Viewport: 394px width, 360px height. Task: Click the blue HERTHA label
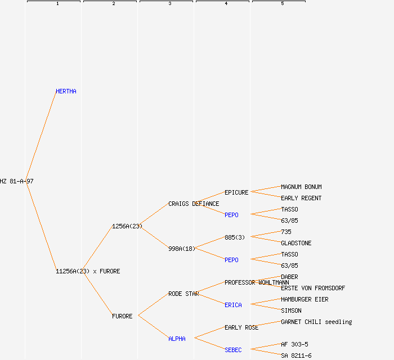coord(66,91)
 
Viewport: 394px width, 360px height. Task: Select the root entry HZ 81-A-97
coord(17,181)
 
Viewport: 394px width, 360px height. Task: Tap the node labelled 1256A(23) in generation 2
coord(127,226)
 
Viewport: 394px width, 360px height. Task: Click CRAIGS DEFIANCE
coord(194,204)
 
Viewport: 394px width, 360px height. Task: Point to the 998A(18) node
coord(182,249)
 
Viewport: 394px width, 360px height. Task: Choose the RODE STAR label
coord(183,294)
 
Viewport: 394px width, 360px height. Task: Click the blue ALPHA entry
coord(177,339)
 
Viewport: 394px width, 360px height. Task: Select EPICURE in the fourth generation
coord(236,192)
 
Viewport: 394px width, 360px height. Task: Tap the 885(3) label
coord(235,237)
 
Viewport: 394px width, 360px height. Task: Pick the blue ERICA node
coord(233,305)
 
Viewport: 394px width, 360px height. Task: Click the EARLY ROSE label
coord(241,327)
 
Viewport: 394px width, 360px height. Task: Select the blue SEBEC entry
coord(233,350)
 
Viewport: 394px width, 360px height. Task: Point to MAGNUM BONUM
coord(301,187)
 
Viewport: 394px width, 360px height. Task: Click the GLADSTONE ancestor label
coord(296,243)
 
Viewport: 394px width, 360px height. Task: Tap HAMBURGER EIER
coord(305,299)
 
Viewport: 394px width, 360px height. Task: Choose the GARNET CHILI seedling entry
coord(316,322)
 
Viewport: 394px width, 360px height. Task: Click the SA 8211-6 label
coord(296,355)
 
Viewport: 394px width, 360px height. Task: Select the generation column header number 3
coord(170,4)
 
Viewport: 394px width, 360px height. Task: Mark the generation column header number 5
coord(283,4)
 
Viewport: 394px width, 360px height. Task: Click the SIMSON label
coord(291,310)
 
